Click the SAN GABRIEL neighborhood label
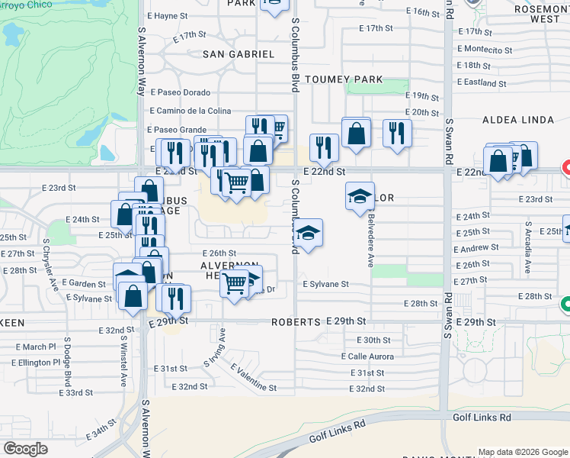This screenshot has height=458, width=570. coord(238,54)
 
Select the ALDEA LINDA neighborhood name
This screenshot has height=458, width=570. coord(518,121)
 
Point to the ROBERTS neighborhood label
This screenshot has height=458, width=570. coord(295,322)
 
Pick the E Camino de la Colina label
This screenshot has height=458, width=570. coord(191,111)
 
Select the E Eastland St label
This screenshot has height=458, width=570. coord(482,82)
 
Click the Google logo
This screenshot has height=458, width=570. coord(26,449)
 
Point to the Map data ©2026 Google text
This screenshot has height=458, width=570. coord(523,452)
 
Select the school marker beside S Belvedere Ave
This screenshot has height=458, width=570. coord(360,196)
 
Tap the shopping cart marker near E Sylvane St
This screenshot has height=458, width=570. coord(235,284)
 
